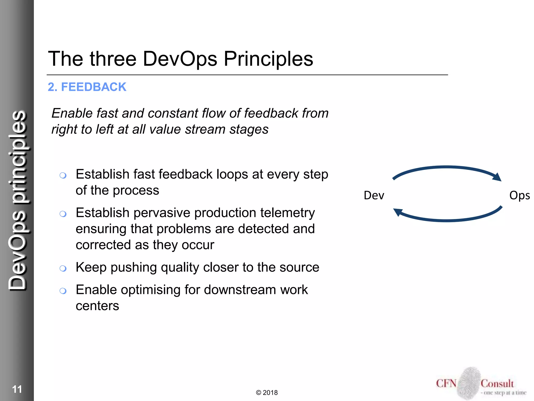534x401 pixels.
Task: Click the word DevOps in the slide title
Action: pos(180,59)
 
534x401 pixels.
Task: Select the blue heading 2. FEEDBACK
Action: pos(87,87)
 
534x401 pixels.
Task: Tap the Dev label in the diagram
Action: pos(374,195)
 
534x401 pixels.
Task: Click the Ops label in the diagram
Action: pos(519,195)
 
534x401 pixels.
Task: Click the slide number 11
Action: pos(17,389)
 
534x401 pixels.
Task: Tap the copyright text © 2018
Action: pos(267,393)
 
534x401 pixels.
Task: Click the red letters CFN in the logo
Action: pos(446,384)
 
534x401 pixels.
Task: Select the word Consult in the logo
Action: pos(497,384)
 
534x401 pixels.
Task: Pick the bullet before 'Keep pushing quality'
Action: pos(63,268)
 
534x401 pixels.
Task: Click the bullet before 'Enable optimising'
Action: pos(63,291)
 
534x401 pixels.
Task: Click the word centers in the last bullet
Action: pos(97,306)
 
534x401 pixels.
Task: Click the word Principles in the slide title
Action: pos(268,59)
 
